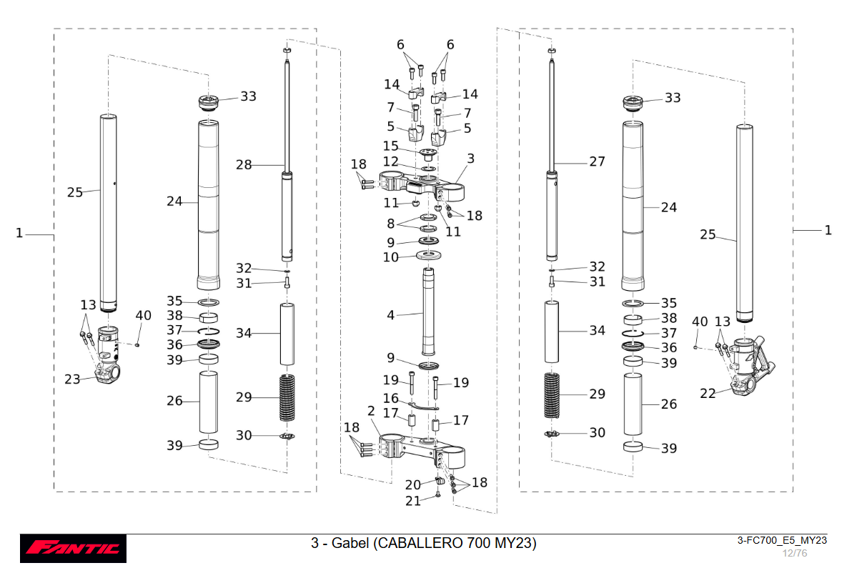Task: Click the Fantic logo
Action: tap(73, 548)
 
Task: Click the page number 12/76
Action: tap(794, 553)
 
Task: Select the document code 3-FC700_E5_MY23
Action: tap(782, 540)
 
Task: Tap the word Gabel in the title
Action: tap(345, 543)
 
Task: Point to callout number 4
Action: tap(390, 314)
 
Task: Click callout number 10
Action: tap(390, 257)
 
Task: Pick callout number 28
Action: tap(244, 165)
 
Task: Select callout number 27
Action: tap(597, 161)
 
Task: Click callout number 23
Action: tap(72, 379)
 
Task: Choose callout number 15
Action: tap(390, 146)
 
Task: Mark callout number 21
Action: tap(413, 501)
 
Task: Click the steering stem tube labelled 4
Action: tap(429, 311)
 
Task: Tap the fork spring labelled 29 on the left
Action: tap(287, 397)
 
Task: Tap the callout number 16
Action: tap(391, 398)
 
